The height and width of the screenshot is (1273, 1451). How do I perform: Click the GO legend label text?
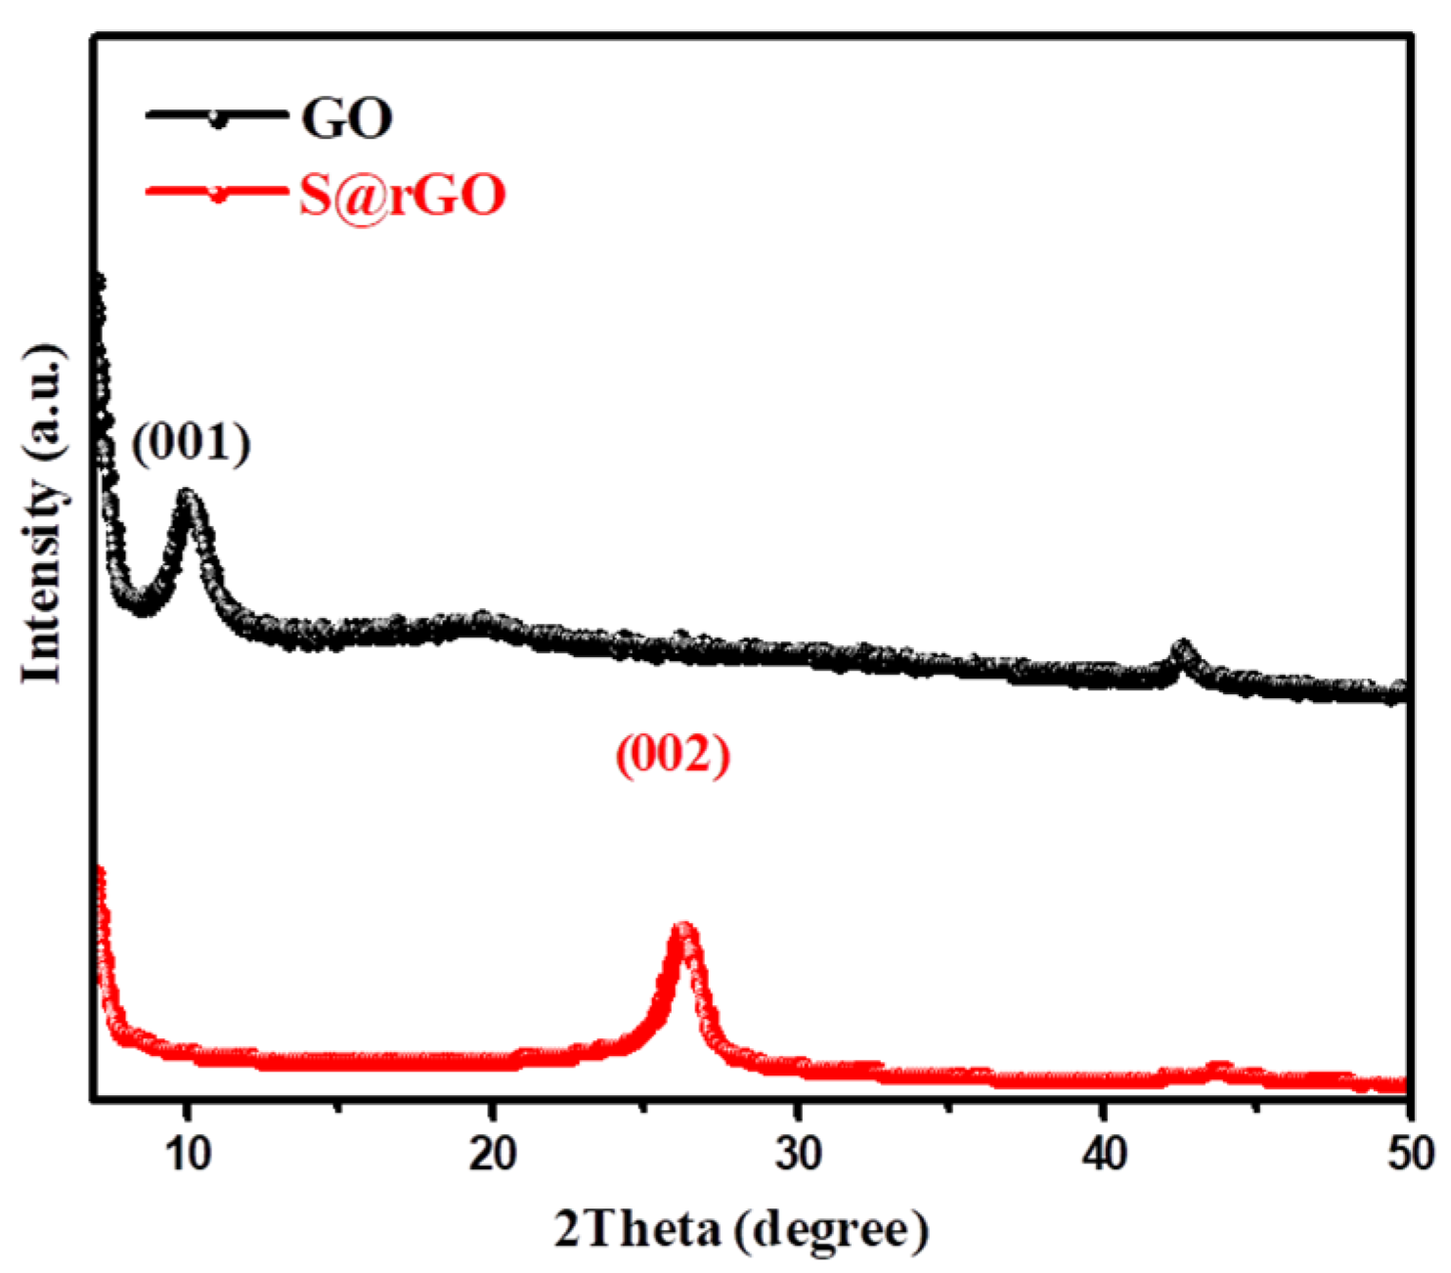(x=346, y=118)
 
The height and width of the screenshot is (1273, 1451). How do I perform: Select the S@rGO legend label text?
(x=402, y=195)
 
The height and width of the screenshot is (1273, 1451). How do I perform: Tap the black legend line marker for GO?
(x=217, y=117)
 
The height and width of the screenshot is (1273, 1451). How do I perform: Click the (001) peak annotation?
(x=192, y=443)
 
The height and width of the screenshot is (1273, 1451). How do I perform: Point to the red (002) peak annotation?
(x=673, y=755)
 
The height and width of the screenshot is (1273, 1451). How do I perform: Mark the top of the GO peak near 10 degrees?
(x=187, y=496)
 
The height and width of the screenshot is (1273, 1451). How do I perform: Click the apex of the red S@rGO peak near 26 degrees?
(x=683, y=928)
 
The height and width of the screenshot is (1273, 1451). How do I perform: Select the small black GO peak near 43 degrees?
(x=1183, y=649)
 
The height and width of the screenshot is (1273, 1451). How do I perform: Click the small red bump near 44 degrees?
(x=1218, y=1067)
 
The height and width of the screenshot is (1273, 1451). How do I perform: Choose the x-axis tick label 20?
(x=492, y=1154)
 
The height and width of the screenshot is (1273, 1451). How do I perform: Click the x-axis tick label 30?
(x=798, y=1154)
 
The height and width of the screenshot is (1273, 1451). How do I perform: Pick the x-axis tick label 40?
(x=1104, y=1154)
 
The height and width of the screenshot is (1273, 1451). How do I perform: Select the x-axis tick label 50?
(x=1409, y=1154)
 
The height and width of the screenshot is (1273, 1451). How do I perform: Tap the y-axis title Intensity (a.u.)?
(x=44, y=513)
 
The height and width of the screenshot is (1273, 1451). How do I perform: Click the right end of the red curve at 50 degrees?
(x=1402, y=1084)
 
